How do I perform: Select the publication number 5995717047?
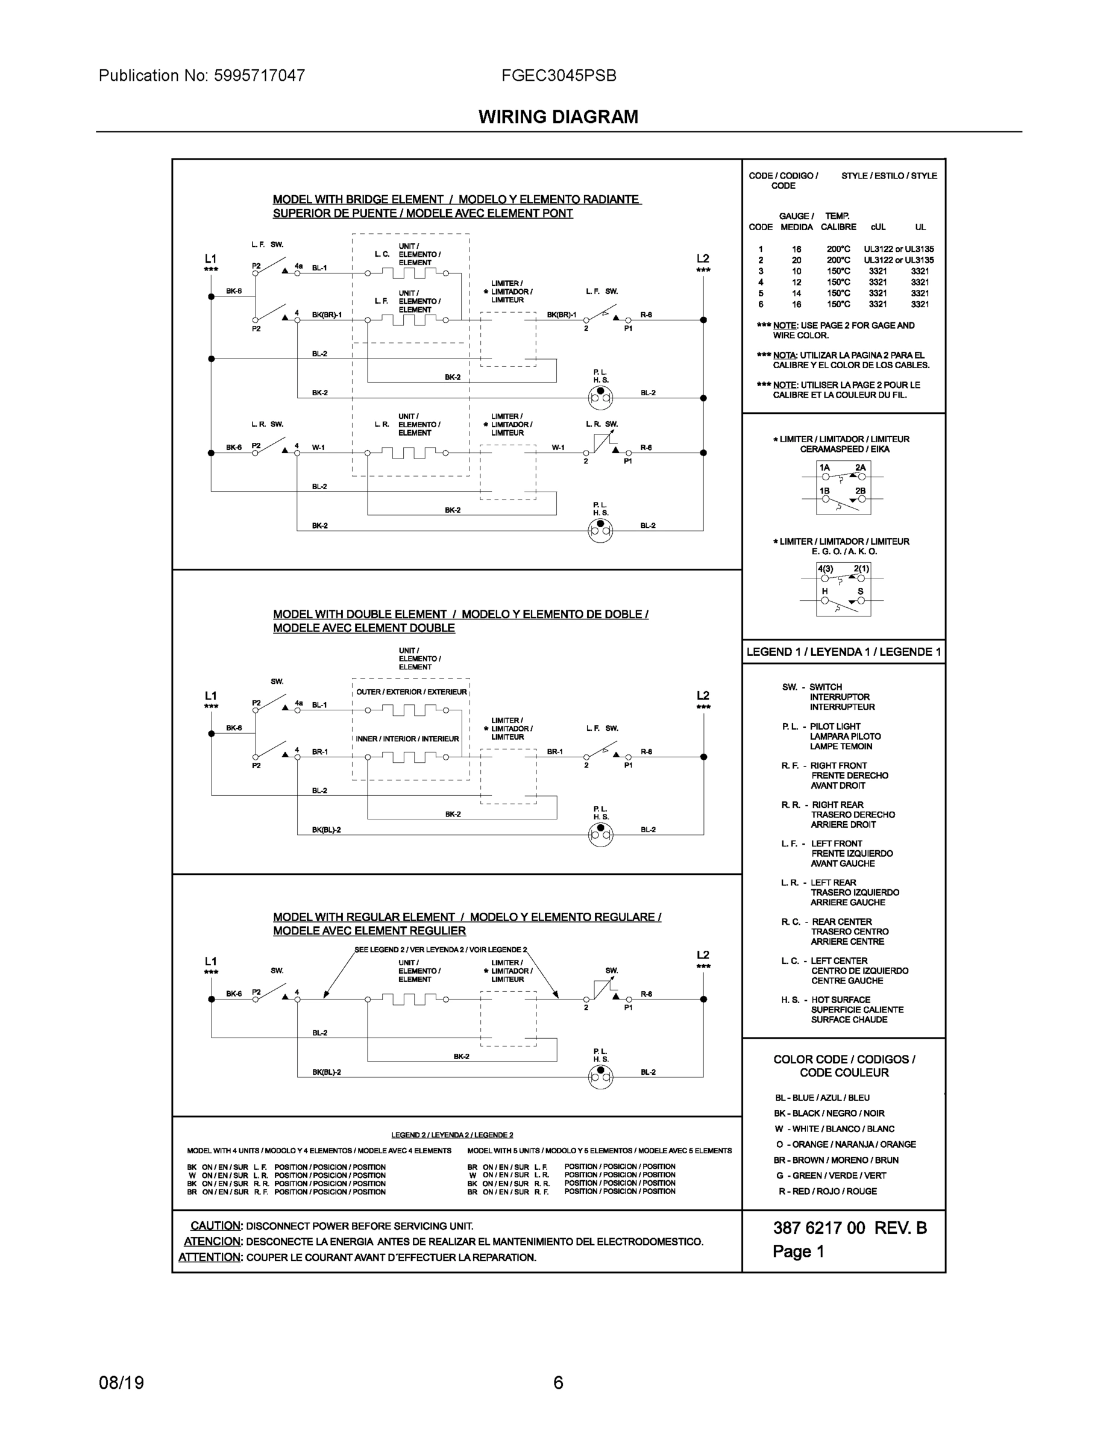click(x=259, y=75)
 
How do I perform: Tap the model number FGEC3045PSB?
click(x=558, y=75)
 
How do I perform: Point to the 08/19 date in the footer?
click(x=121, y=1383)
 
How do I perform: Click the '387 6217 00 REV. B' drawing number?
click(x=850, y=1228)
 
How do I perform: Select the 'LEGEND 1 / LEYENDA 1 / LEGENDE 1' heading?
click(x=843, y=651)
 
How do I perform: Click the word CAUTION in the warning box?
click(x=215, y=1225)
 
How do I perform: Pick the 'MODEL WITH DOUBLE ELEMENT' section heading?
click(x=360, y=614)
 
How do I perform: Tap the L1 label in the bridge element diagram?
click(x=210, y=259)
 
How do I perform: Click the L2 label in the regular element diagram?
click(x=703, y=955)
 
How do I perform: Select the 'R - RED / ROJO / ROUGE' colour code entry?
click(x=828, y=1191)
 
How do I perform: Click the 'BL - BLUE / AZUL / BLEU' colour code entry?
click(x=822, y=1098)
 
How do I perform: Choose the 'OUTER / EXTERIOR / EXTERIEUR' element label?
click(x=411, y=692)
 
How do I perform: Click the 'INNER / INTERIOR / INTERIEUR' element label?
click(x=407, y=739)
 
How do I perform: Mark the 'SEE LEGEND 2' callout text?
click(x=441, y=950)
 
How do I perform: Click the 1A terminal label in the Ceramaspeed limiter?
click(x=824, y=468)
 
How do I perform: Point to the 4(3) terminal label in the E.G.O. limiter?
click(x=824, y=569)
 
